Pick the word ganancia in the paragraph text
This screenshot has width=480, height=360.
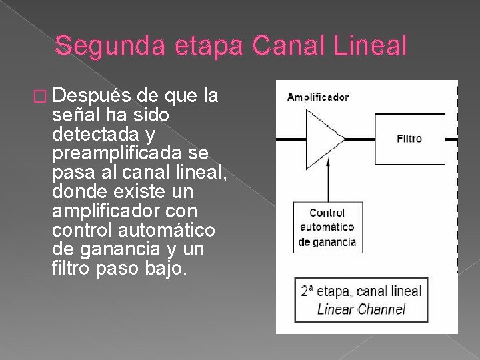pyautogui.click(x=113, y=249)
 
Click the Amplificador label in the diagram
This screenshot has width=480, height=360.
pyautogui.click(x=317, y=97)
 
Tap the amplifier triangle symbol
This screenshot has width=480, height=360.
pyautogui.click(x=323, y=139)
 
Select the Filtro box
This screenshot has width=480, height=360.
pyautogui.click(x=409, y=139)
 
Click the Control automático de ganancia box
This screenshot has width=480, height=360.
pyautogui.click(x=327, y=227)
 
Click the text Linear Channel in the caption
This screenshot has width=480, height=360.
pyautogui.click(x=361, y=309)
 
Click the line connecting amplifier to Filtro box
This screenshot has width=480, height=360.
pyautogui.click(x=360, y=139)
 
